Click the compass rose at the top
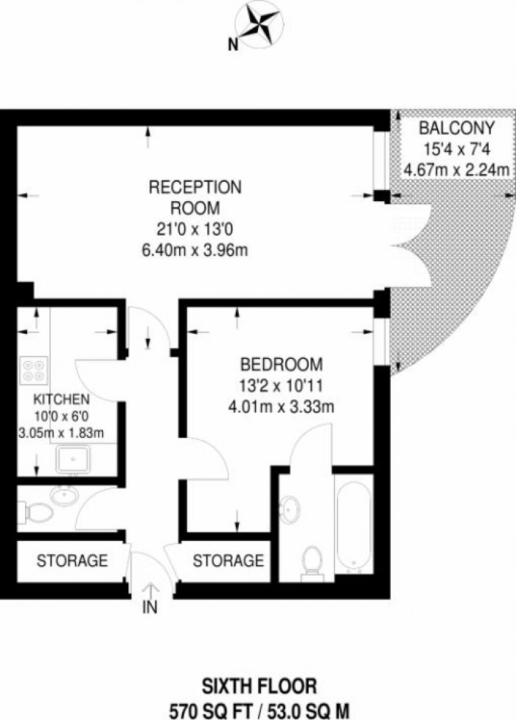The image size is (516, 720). [257, 24]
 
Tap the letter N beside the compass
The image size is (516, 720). [234, 44]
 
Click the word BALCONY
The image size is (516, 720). [456, 127]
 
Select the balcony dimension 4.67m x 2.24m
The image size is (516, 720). [456, 170]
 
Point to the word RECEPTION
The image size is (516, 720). [195, 187]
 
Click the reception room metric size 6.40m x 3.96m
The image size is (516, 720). [195, 251]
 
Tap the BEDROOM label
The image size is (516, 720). [281, 364]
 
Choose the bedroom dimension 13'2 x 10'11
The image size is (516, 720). [281, 385]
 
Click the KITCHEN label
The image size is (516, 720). [61, 399]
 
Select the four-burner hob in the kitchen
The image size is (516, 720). [34, 371]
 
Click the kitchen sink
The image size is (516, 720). [73, 458]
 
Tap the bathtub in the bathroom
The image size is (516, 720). [353, 524]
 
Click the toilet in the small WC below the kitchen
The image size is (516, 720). [36, 512]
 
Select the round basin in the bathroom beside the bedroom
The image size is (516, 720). [290, 509]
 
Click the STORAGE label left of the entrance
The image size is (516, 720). [72, 560]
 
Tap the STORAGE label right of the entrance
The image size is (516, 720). [228, 560]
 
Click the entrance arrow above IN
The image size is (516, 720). [150, 590]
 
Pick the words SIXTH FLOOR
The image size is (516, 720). [259, 687]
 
